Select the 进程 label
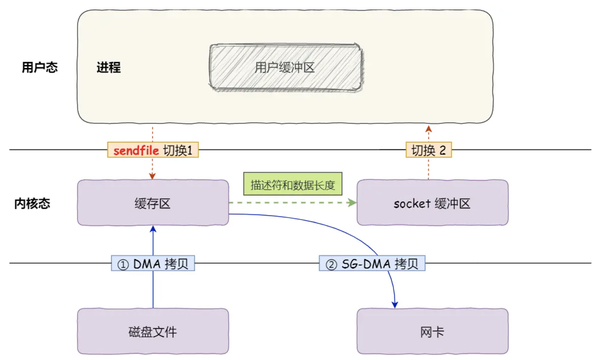click(x=109, y=67)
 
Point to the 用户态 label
click(x=39, y=67)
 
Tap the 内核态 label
click(x=32, y=204)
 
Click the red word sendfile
click(x=136, y=150)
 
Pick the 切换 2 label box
click(x=428, y=150)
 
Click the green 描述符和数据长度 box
click(x=293, y=184)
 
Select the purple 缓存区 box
click(x=153, y=203)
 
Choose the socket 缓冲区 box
click(x=432, y=203)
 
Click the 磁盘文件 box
click(x=153, y=332)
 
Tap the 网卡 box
click(x=432, y=332)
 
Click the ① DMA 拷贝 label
click(x=153, y=264)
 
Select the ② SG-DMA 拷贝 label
click(x=372, y=264)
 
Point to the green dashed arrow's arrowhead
click(x=352, y=203)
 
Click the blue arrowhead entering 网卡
click(x=394, y=304)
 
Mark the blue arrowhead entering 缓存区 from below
click(x=153, y=229)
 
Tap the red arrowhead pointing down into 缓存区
click(x=152, y=176)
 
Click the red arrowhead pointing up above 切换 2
click(x=428, y=129)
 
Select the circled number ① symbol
click(x=123, y=264)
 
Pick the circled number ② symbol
click(x=331, y=264)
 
